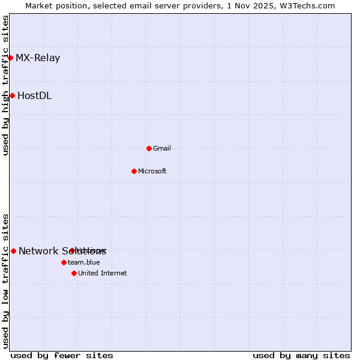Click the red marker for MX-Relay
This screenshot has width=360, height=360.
point(10,58)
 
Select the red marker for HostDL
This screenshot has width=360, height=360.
point(12,95)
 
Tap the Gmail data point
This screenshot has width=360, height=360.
point(149,148)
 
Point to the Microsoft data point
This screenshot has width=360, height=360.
point(134,171)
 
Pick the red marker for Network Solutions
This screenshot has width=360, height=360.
point(13,251)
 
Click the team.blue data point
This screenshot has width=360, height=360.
point(64,262)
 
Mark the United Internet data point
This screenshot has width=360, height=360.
point(74,273)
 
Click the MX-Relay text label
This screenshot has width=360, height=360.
point(38,58)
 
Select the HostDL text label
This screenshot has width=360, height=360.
point(34,95)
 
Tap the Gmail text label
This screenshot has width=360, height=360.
point(162,148)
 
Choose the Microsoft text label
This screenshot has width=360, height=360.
point(152,171)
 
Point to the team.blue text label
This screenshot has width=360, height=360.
point(84,262)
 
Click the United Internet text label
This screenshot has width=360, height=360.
point(103,273)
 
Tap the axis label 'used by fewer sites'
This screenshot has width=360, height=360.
point(62,355)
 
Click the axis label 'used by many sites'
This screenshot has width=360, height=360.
point(301,355)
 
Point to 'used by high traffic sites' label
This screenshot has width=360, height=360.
point(5,86)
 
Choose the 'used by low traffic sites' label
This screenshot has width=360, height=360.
point(5,281)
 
